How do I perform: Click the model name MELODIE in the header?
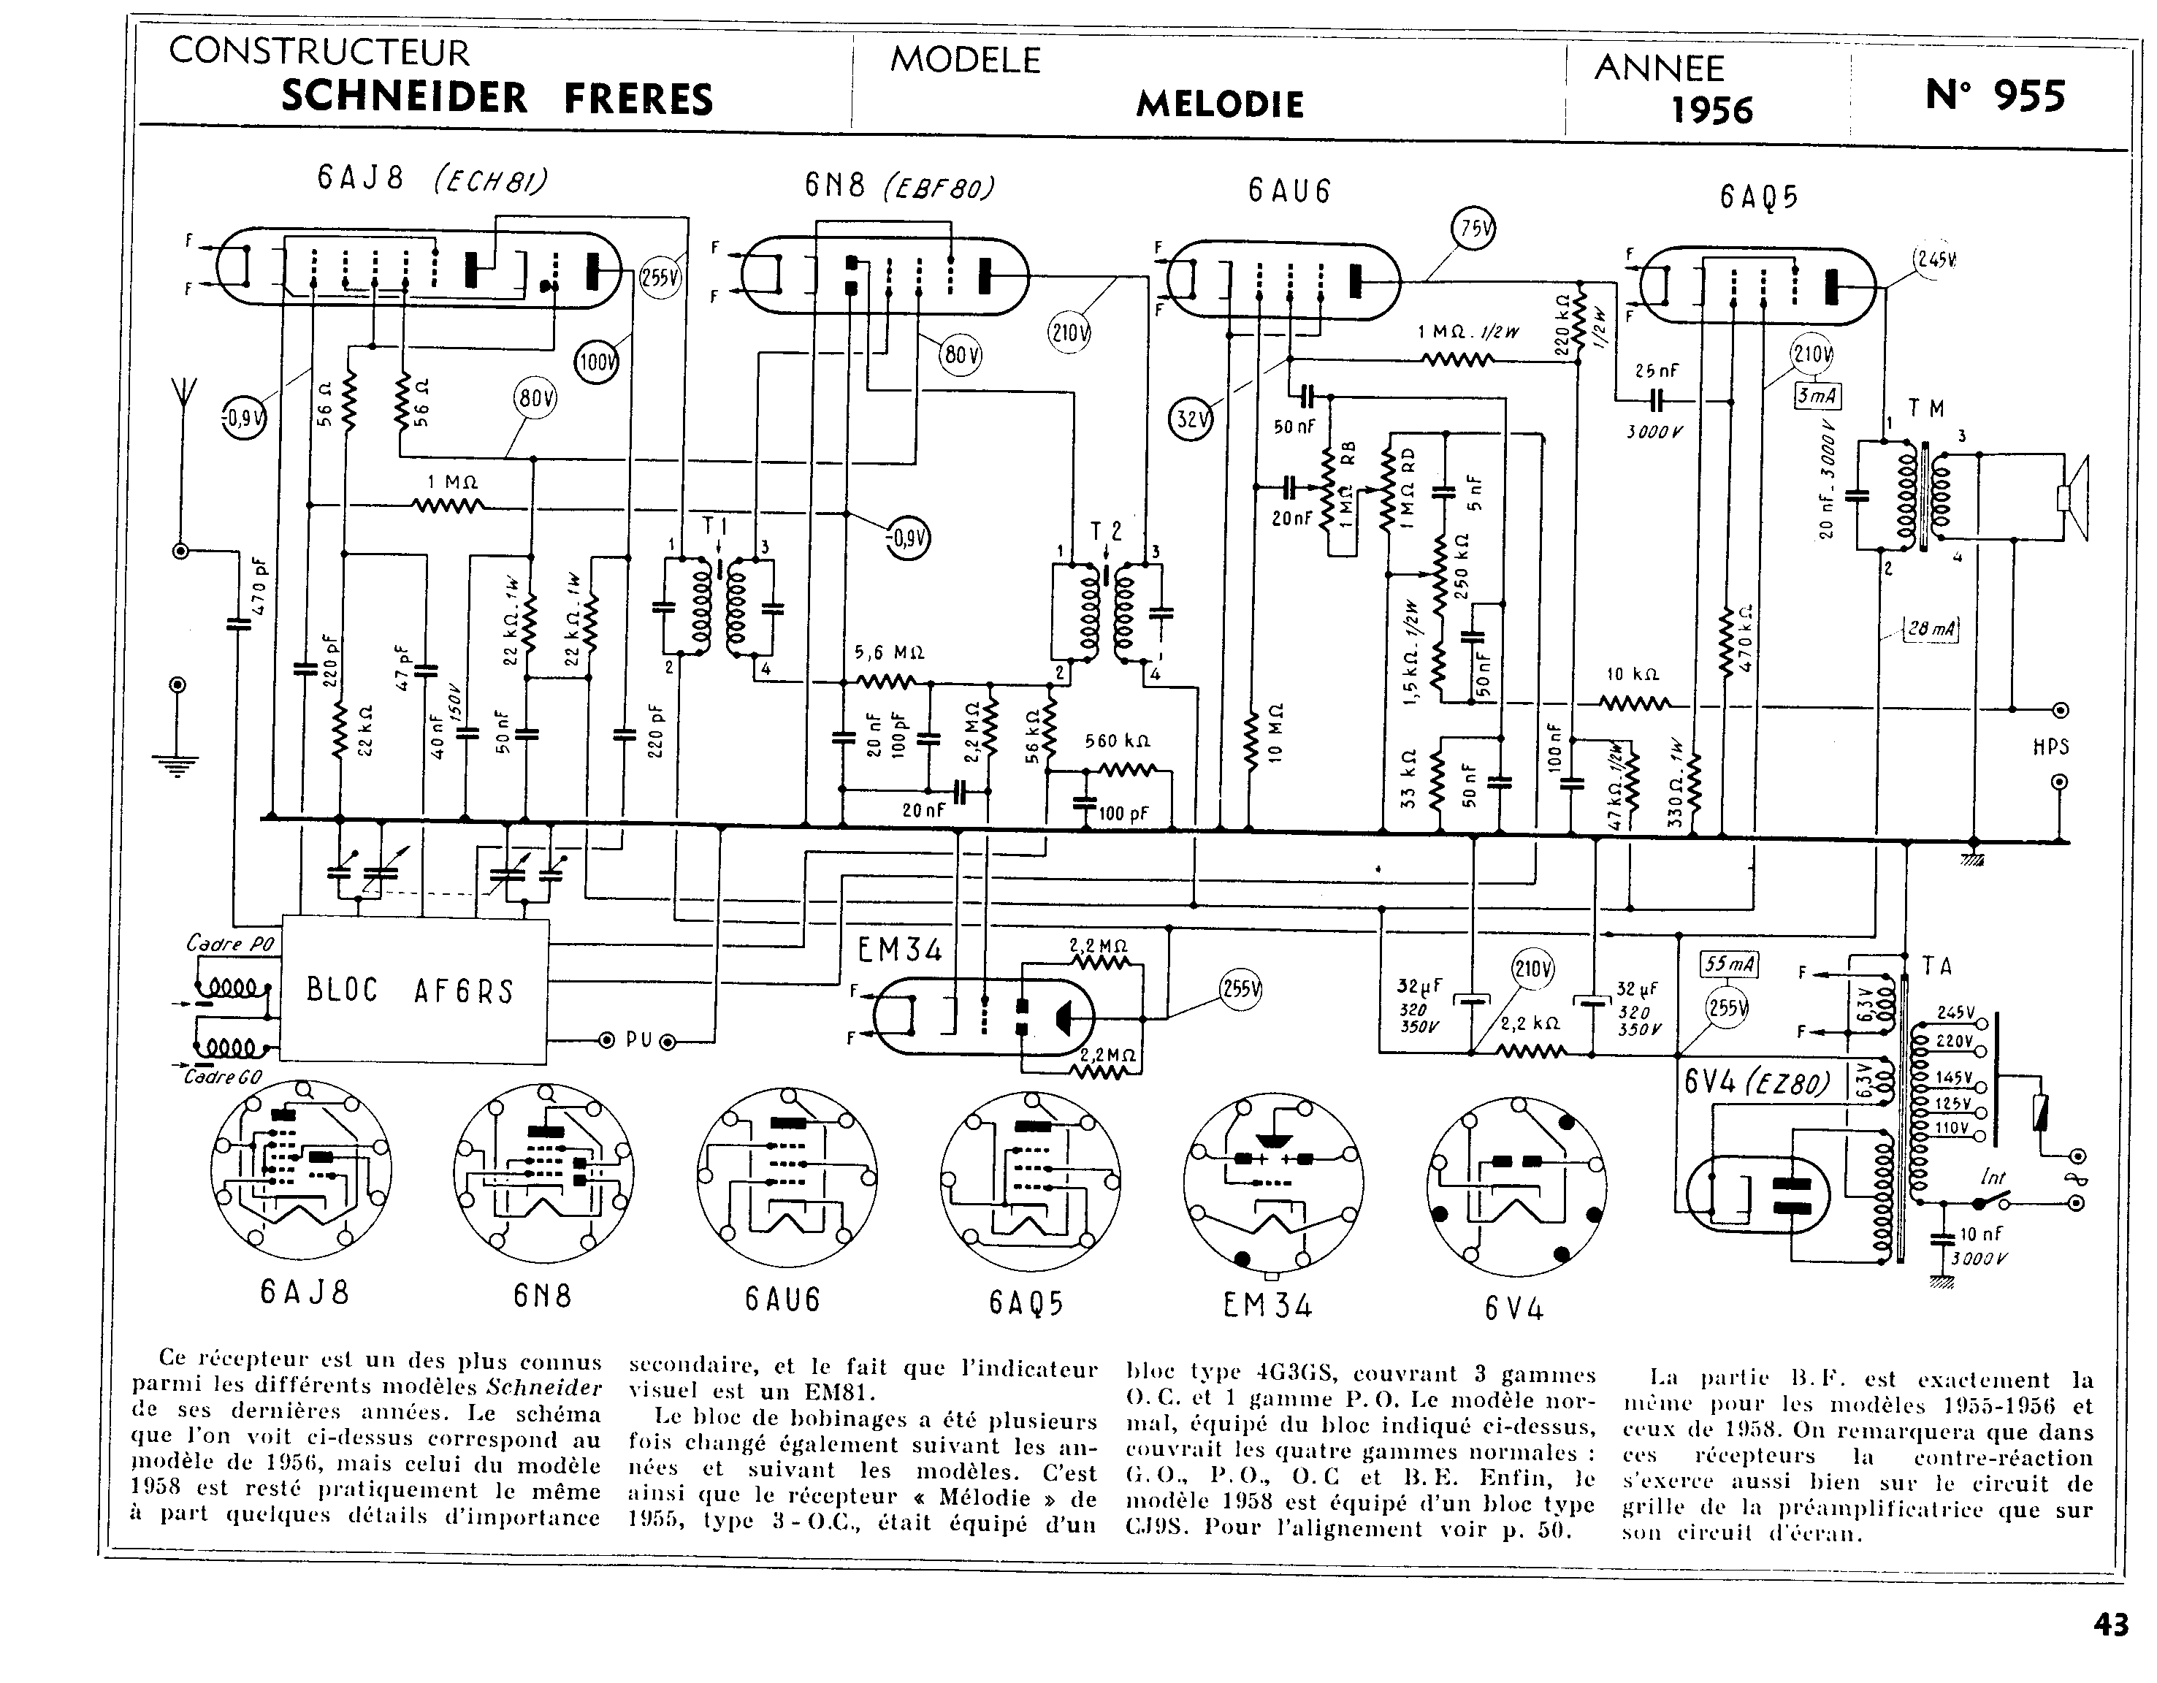[1220, 104]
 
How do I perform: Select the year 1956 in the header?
[1711, 110]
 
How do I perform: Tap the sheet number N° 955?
[1995, 96]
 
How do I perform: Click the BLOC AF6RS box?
[415, 991]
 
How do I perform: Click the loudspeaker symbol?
[2071, 499]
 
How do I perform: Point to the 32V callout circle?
[1191, 419]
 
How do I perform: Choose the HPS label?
[2050, 747]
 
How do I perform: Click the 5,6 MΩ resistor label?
[889, 653]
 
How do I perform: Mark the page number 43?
[2110, 1625]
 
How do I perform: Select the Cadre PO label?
[229, 943]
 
